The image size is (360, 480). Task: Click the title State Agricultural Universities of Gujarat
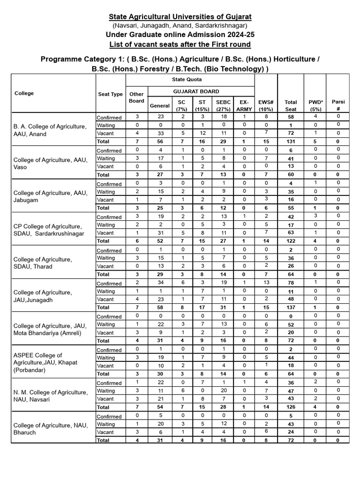tap(180, 17)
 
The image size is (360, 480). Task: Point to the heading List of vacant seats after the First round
tap(180, 44)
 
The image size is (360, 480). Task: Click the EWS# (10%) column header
tap(266, 105)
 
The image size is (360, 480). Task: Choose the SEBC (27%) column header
tap(220, 105)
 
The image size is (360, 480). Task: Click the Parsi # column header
tap(338, 105)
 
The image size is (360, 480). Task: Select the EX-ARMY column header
tap(243, 105)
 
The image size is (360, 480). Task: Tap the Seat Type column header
tap(110, 94)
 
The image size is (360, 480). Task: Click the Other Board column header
tap(136, 97)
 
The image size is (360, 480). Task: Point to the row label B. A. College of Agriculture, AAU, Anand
tap(50, 130)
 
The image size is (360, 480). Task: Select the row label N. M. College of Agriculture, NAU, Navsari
tap(50, 396)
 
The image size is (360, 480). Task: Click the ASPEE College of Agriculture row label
tap(46, 362)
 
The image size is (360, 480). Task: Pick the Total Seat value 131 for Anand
tap(291, 141)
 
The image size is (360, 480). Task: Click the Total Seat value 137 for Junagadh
tap(291, 307)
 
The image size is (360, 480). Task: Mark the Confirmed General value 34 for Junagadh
tap(159, 283)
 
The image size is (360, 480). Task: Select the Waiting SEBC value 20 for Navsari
tap(220, 390)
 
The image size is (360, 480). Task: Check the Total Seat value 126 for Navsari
tap(291, 407)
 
